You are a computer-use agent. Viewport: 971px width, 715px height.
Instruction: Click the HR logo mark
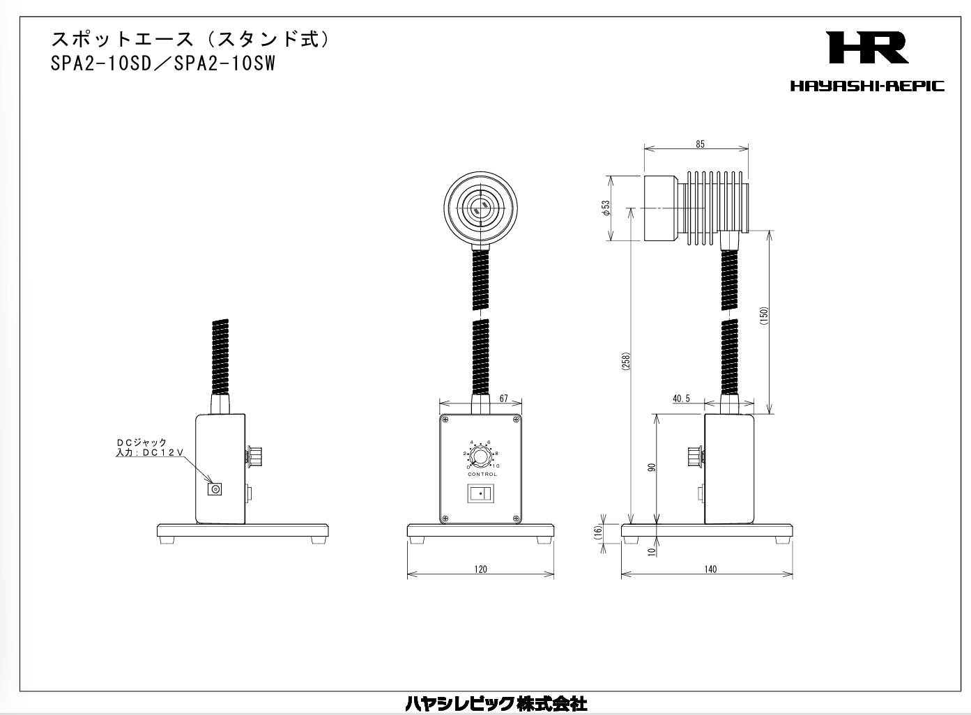(x=867, y=48)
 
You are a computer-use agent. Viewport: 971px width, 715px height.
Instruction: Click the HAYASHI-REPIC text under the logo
(x=867, y=86)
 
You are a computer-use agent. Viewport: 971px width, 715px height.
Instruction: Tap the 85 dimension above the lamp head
(x=700, y=144)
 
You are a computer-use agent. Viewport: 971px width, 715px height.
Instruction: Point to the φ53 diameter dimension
(x=606, y=207)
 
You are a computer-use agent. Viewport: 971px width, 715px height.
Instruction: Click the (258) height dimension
(x=626, y=362)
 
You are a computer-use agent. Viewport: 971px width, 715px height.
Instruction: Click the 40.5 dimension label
(x=681, y=399)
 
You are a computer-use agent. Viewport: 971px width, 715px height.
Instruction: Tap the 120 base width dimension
(x=480, y=569)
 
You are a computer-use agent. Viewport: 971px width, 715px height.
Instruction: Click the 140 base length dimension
(x=710, y=569)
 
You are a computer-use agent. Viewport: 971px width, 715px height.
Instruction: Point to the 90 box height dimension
(x=652, y=467)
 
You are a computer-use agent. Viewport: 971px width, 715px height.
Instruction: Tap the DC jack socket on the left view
(x=216, y=489)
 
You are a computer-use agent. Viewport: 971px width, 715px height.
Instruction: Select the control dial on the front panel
(x=480, y=457)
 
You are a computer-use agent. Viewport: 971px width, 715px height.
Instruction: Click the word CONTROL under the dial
(x=482, y=475)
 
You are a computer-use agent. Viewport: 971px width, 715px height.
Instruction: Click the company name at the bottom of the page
(x=496, y=704)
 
